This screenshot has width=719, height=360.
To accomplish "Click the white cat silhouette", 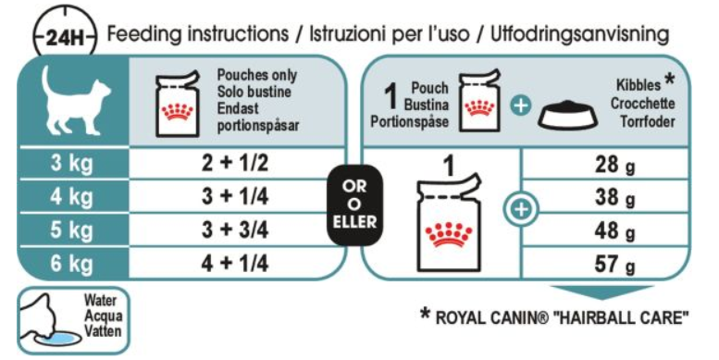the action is pos(76,102).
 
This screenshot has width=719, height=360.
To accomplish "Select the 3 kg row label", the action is pos(72,164).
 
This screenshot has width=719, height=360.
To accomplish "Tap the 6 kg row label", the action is pos(72,264).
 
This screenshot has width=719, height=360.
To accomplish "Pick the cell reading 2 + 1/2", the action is pos(235,163).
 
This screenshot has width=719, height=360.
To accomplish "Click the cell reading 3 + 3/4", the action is pos(235,230).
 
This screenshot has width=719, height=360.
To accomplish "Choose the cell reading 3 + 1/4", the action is pos(235,197).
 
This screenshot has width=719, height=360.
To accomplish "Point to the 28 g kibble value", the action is pos(615,165).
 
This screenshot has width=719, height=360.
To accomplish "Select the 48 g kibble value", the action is pos(615,231).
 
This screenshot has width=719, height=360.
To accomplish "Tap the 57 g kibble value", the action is pos(615,265).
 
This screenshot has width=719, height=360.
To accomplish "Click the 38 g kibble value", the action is pos(615,198).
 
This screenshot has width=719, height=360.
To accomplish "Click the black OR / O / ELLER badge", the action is pos(354,205).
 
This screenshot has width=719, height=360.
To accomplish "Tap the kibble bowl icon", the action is pos(567,115).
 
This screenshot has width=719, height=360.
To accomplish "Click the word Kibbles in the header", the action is pos(638,85).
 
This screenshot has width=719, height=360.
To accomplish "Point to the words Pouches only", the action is pos(257,75).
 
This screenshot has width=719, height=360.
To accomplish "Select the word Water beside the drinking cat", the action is pos(101,301).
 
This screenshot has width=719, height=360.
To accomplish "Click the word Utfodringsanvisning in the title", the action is pos(579,34).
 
